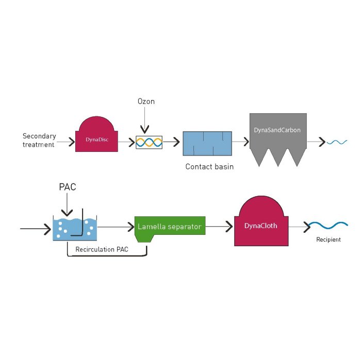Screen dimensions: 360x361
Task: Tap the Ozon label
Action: pos(146,101)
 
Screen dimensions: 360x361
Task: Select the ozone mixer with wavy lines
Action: pos(149,142)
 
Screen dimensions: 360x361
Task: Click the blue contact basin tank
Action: pos(207,143)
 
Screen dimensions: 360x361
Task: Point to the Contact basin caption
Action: pos(209,167)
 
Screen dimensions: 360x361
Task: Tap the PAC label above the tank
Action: pos(67,187)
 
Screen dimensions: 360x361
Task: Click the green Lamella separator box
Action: pos(169,226)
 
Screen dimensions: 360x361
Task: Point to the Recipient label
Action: pos(329,239)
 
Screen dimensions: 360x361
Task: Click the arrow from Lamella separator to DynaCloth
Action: pos(219,226)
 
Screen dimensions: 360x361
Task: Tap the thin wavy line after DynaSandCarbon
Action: pos(338,142)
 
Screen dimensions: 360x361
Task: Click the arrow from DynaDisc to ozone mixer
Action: pos(126,142)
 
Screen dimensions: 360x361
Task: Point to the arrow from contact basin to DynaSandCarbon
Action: pos(240,142)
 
